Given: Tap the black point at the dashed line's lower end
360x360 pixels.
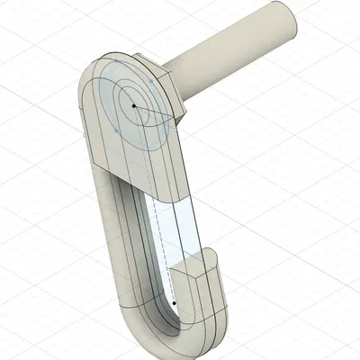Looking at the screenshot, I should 174,303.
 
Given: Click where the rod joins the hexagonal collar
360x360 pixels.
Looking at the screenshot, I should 183,76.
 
